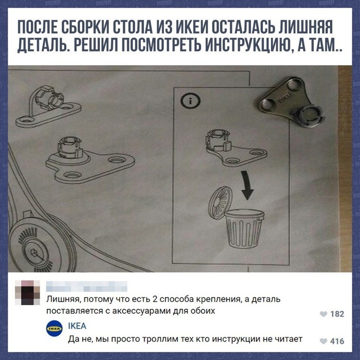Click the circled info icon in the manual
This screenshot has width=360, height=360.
tap(190, 101)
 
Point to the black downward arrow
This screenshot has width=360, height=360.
tap(247, 185)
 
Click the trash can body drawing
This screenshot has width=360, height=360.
tap(244, 228)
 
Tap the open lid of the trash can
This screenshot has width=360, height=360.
tap(220, 203)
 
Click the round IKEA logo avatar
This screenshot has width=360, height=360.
tap(54, 328)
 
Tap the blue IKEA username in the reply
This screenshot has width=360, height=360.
tap(77, 326)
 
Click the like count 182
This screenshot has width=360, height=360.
tap(337, 314)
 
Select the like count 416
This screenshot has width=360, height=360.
tap(337, 341)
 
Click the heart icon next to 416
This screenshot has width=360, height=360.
tap(323, 341)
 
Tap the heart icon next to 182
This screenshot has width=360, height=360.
tap(323, 314)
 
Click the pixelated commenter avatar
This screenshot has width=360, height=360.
tap(28, 293)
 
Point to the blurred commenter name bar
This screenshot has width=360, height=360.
tap(87, 286)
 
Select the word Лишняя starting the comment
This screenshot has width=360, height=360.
tap(63, 299)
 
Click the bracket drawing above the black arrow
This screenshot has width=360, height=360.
tap(236, 148)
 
